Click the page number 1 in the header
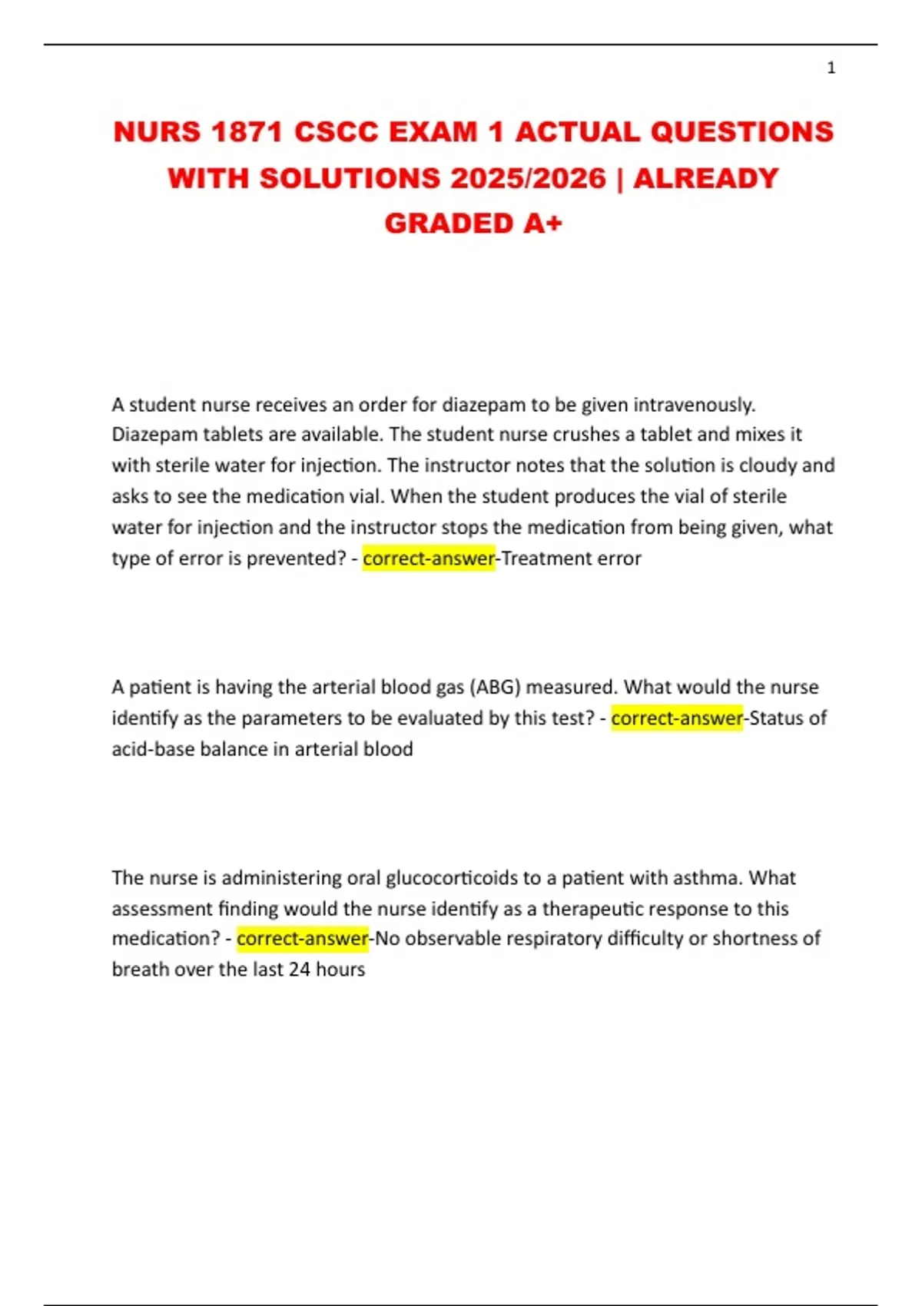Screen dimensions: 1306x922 pyautogui.click(x=831, y=68)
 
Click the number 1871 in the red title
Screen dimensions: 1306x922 pyautogui.click(x=247, y=132)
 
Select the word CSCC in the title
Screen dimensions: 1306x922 pyautogui.click(x=337, y=132)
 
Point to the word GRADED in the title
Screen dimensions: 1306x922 pyautogui.click(x=449, y=224)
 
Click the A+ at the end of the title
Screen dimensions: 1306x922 pyautogui.click(x=542, y=224)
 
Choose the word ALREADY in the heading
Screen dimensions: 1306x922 pyautogui.click(x=705, y=178)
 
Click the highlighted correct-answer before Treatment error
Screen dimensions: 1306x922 pyautogui.click(x=429, y=559)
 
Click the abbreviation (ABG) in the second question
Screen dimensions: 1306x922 pyautogui.click(x=494, y=687)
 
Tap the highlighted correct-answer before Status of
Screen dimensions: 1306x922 pyautogui.click(x=677, y=718)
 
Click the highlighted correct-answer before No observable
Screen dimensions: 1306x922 pyautogui.click(x=302, y=939)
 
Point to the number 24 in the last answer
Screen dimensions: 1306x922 pyautogui.click(x=299, y=970)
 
